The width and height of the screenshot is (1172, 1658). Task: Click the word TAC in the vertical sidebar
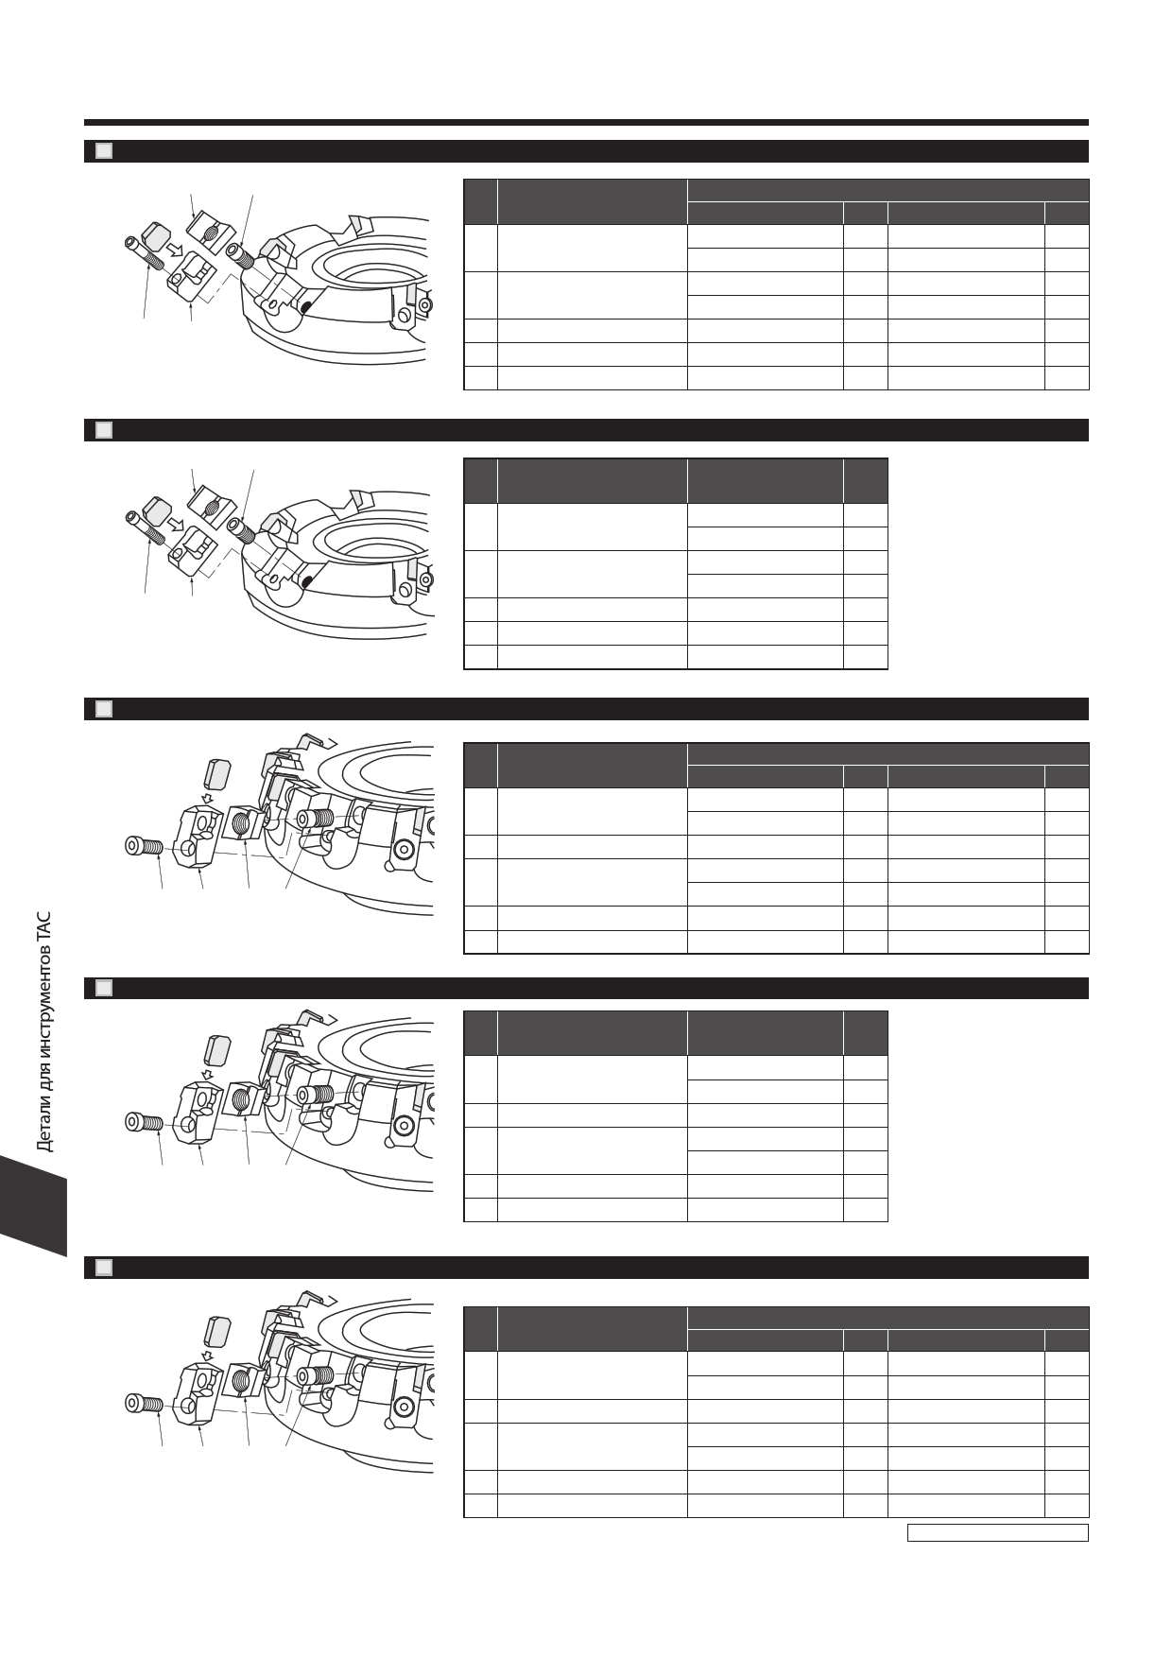pos(43,926)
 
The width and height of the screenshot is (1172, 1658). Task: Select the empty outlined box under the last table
pos(997,1532)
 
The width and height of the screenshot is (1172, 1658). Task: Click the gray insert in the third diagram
pos(216,774)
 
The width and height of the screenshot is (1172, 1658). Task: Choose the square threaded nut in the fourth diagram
pos(244,1100)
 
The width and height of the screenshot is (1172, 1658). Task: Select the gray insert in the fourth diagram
pos(216,1049)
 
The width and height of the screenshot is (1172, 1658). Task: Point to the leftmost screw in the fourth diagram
pos(146,1122)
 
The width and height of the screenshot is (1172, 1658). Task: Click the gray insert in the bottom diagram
pos(216,1330)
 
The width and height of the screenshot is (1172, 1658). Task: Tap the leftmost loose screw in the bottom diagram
pos(146,1403)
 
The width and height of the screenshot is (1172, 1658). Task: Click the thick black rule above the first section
pos(586,122)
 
